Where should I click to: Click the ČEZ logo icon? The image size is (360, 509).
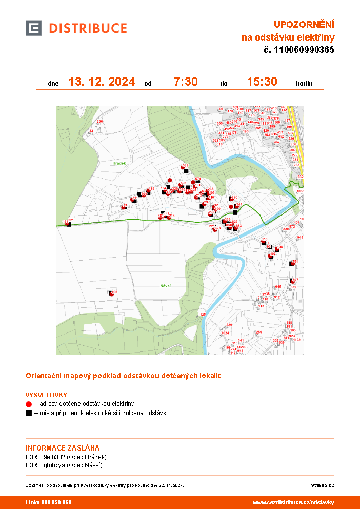[x=34, y=28]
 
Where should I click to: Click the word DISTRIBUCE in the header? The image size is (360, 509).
[x=88, y=28]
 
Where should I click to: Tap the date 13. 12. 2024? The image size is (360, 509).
[x=102, y=82]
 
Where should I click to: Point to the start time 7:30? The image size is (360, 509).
[x=186, y=82]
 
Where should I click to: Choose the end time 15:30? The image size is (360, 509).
[x=262, y=82]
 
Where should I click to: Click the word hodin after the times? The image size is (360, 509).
[x=304, y=83]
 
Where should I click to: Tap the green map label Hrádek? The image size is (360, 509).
[x=119, y=162]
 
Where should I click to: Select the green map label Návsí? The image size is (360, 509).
[x=165, y=285]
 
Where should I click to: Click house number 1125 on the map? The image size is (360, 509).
[x=202, y=314]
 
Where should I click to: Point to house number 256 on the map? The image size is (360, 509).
[x=100, y=122]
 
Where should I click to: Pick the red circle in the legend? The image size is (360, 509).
[x=29, y=404]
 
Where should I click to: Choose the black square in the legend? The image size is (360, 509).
[x=29, y=413]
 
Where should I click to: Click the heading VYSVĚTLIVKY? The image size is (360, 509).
[x=47, y=395]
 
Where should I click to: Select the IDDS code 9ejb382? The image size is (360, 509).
[x=54, y=457]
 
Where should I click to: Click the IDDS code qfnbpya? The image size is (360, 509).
[x=54, y=465]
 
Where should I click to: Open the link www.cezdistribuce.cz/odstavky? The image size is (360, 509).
[x=293, y=502]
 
